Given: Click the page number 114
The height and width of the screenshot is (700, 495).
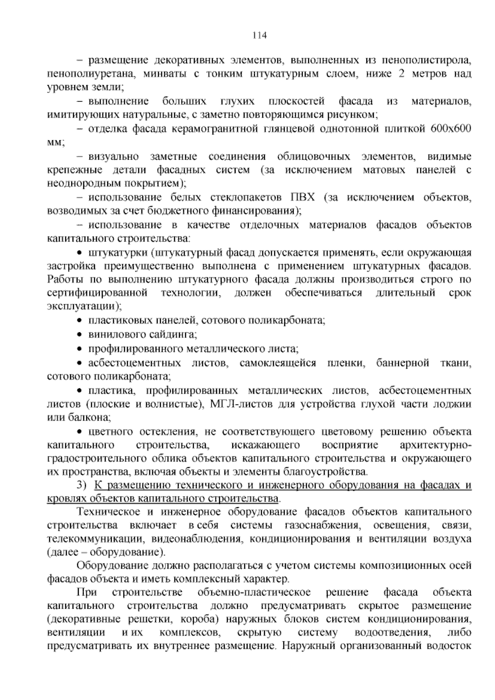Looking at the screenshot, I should tap(260, 35).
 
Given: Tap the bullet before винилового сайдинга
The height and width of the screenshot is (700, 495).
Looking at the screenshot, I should tap(80, 334).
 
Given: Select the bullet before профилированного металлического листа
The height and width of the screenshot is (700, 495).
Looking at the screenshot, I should tap(80, 349).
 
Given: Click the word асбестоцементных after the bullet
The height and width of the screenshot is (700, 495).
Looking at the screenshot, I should tap(134, 363).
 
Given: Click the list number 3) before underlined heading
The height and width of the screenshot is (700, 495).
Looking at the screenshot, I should tap(81, 485).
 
